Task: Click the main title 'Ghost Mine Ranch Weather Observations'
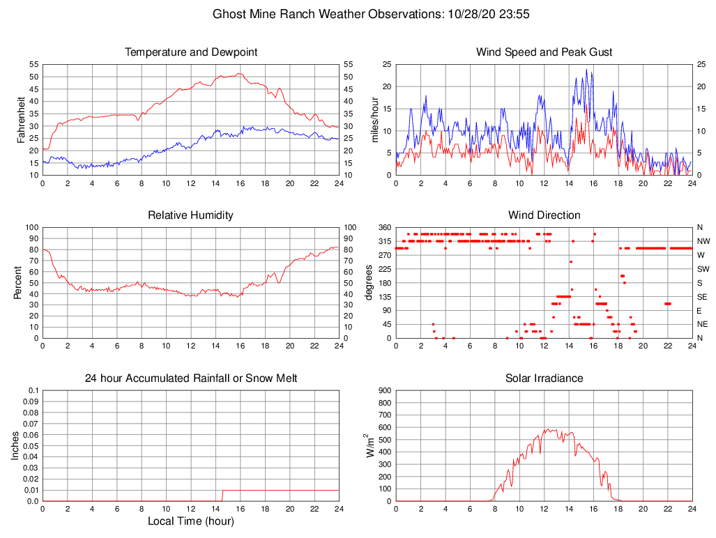(326, 14)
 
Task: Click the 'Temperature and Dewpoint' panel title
(191, 52)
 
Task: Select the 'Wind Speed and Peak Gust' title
(544, 52)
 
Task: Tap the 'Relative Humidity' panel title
(191, 215)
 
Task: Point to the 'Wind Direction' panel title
(544, 215)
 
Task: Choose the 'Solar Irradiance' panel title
(544, 378)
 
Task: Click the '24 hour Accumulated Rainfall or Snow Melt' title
(191, 378)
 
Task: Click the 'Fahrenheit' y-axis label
(22, 119)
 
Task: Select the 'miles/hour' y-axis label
(374, 119)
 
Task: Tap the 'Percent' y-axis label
(19, 282)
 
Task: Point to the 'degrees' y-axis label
(369, 282)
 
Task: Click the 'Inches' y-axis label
(15, 445)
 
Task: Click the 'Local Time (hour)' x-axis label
(191, 521)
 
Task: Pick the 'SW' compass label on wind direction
(703, 269)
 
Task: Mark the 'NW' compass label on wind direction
(703, 241)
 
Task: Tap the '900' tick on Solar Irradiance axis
(383, 390)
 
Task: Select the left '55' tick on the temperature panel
(33, 64)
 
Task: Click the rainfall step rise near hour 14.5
(222, 495)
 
